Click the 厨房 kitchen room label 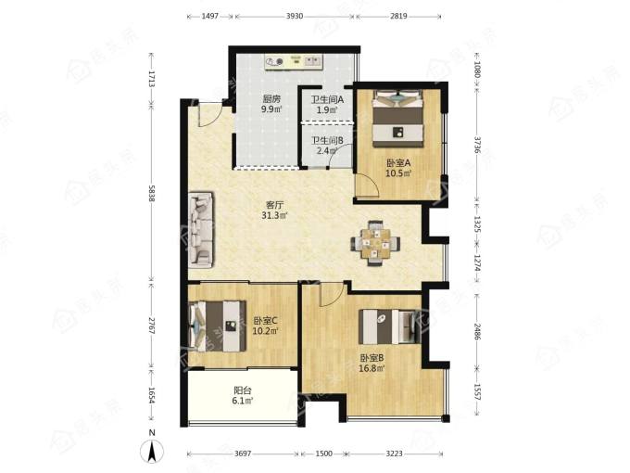[x=271, y=99]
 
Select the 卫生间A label [x=327, y=99]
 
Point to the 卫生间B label [x=327, y=141]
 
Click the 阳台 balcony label [x=243, y=390]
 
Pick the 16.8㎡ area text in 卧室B [x=372, y=368]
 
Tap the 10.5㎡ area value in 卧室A [x=398, y=173]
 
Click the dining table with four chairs [x=375, y=243]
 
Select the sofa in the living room [x=201, y=230]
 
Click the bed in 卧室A [x=398, y=119]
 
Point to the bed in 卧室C [x=217, y=326]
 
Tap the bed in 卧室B [x=390, y=326]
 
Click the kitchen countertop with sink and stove [x=294, y=62]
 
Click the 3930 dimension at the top [x=295, y=16]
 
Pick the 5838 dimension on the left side [x=151, y=194]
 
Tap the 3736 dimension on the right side [x=477, y=146]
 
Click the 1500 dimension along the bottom [x=324, y=454]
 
